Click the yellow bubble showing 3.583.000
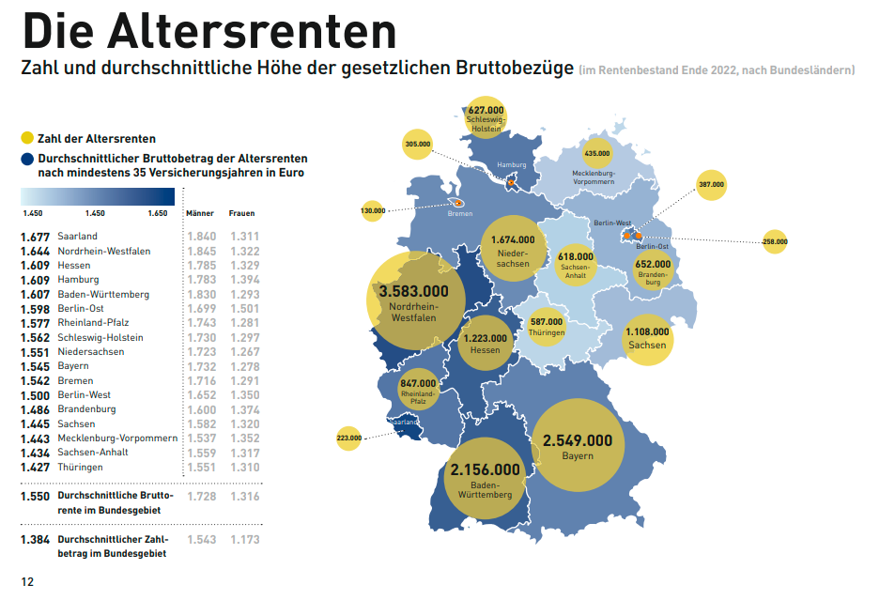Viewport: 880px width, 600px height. coord(414,300)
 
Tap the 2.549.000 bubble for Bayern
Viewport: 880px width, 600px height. coord(577,445)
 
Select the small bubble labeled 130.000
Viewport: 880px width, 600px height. coord(373,211)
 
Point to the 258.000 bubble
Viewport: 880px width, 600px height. coord(775,242)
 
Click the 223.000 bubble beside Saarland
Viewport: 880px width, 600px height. coord(348,438)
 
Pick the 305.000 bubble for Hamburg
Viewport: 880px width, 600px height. coord(417,145)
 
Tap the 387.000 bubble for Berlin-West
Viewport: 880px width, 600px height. coord(711,185)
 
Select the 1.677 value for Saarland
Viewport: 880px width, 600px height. coord(35,237)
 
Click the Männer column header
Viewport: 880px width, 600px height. coord(201,213)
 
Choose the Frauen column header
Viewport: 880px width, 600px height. coord(242,213)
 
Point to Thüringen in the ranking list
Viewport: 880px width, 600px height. coord(79,468)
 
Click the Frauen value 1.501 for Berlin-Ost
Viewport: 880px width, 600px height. coord(245,309)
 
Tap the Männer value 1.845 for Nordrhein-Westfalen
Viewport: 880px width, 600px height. coord(202,252)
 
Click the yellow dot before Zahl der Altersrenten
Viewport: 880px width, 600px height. coord(27,139)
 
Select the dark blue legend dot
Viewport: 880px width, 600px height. coord(27,160)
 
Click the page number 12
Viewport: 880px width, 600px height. coord(28,582)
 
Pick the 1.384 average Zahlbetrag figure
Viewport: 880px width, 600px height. coord(35,540)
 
